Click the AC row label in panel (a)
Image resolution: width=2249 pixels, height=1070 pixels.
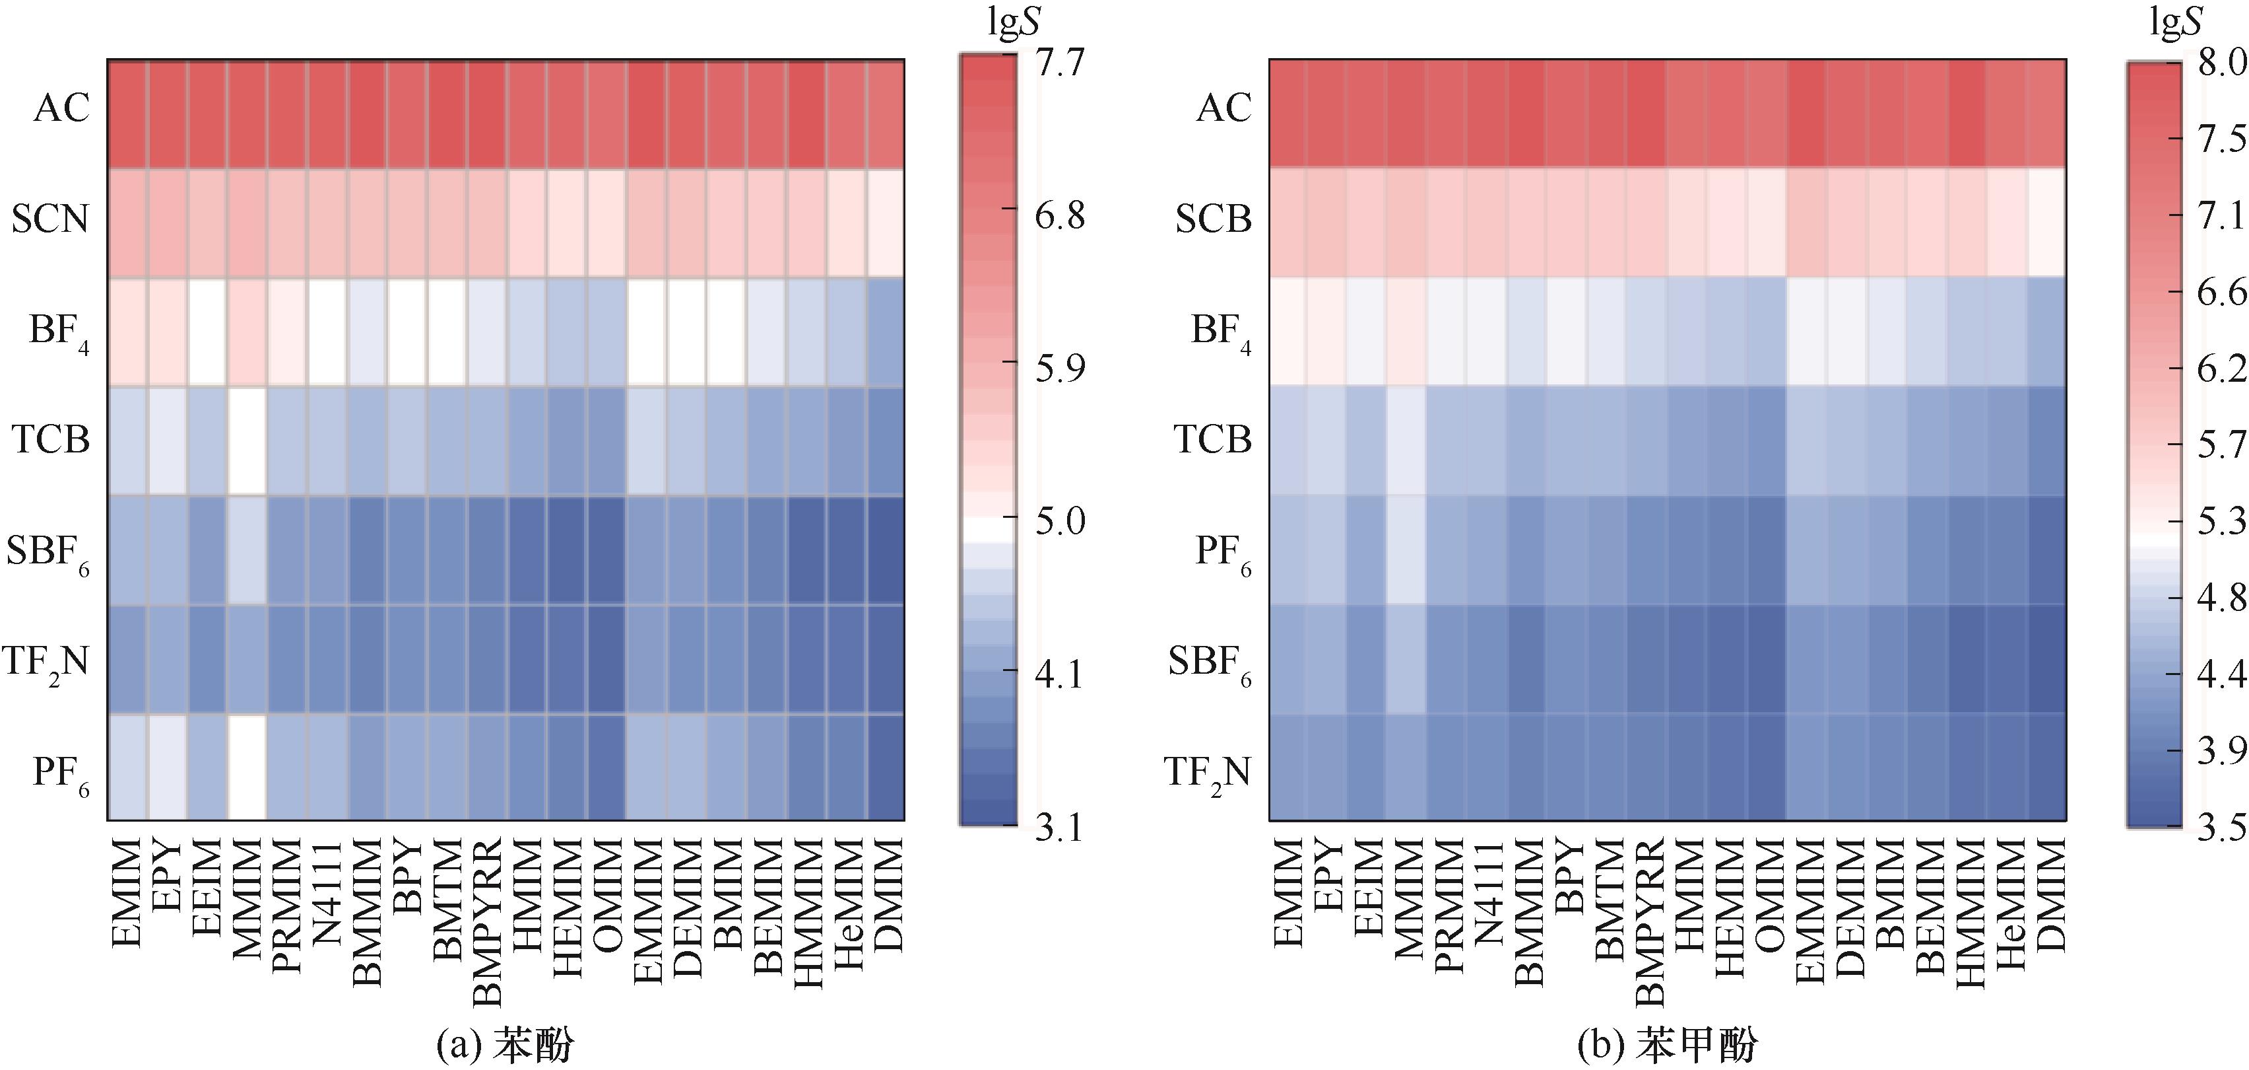point(61,108)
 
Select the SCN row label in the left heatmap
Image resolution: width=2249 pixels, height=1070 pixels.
point(51,219)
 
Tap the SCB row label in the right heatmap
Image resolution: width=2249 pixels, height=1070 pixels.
point(1213,219)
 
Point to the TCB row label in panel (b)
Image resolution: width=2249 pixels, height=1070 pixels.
point(1213,439)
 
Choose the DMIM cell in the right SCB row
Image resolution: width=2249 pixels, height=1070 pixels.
point(2046,222)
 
